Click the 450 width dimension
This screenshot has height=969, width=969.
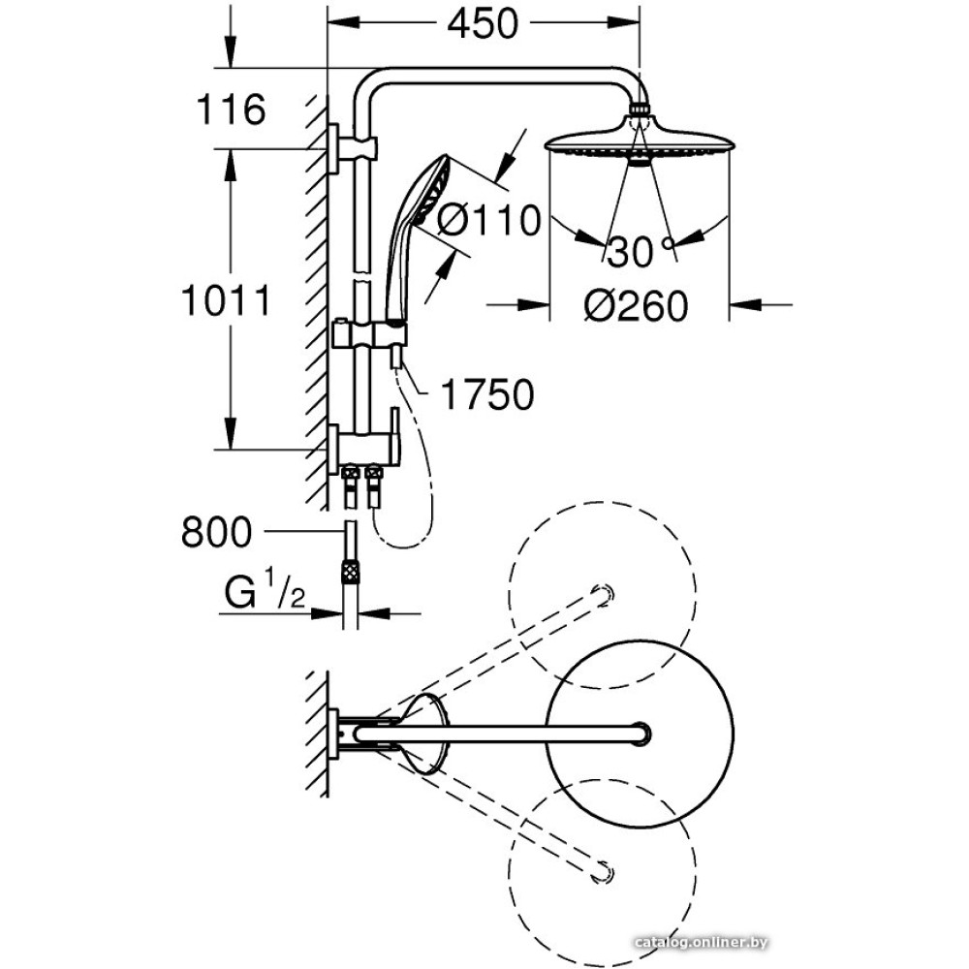[483, 23]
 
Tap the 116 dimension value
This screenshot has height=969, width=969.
[231, 109]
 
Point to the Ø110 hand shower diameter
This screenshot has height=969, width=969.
[488, 221]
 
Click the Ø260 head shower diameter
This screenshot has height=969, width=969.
[636, 306]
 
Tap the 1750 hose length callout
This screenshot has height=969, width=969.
[486, 394]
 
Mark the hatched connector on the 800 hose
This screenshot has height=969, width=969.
[348, 570]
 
